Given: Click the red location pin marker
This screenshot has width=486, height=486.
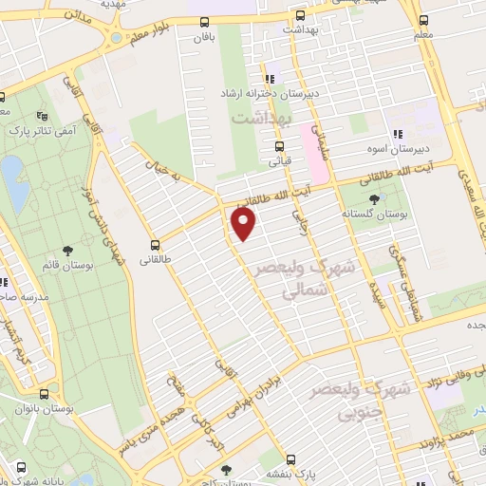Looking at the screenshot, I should [244, 224].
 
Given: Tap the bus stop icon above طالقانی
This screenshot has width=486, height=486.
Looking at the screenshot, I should [155, 244].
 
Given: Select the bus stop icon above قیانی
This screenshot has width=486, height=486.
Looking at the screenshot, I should [279, 147].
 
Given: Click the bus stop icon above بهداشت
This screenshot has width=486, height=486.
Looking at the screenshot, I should [300, 15].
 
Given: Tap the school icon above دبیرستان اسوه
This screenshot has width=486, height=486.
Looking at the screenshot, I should [399, 135].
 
